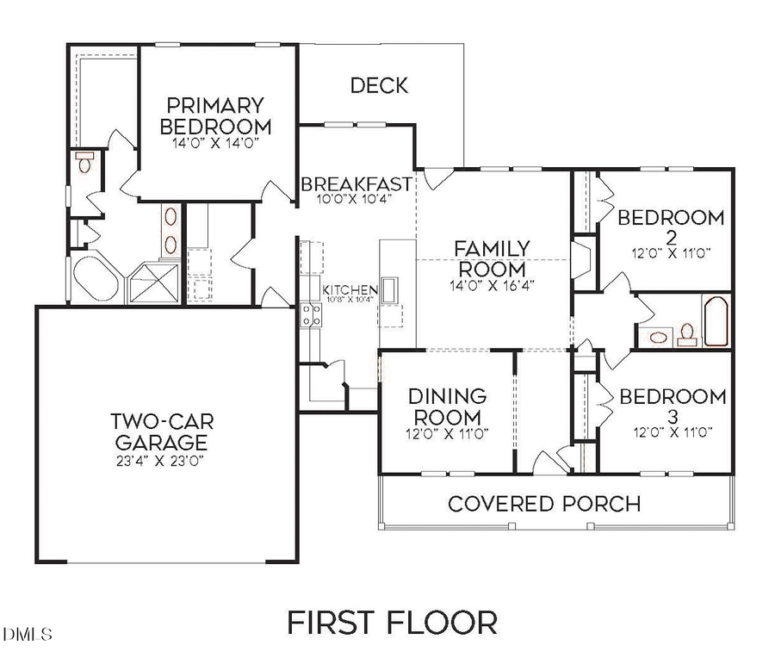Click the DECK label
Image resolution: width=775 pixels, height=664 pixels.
[379, 85]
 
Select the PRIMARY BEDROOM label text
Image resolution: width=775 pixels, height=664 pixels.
[214, 115]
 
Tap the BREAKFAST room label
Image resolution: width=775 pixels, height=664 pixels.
[356, 184]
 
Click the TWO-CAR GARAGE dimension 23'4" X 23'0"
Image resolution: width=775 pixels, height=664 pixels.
[162, 460]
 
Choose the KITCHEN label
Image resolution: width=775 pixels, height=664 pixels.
[350, 289]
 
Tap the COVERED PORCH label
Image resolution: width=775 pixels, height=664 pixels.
[544, 503]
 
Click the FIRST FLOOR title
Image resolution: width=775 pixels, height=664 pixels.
[392, 622]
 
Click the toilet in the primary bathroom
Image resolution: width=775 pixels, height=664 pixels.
[84, 162]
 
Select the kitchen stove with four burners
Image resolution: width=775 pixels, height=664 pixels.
[311, 316]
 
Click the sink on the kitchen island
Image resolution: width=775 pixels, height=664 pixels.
[389, 289]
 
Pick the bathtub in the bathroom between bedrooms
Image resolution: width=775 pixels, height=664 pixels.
[716, 322]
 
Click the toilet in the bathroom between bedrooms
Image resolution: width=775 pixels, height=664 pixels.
[687, 332]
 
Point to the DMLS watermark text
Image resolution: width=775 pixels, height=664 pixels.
[28, 635]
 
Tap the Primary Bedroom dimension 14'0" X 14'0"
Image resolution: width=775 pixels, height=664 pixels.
[214, 143]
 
